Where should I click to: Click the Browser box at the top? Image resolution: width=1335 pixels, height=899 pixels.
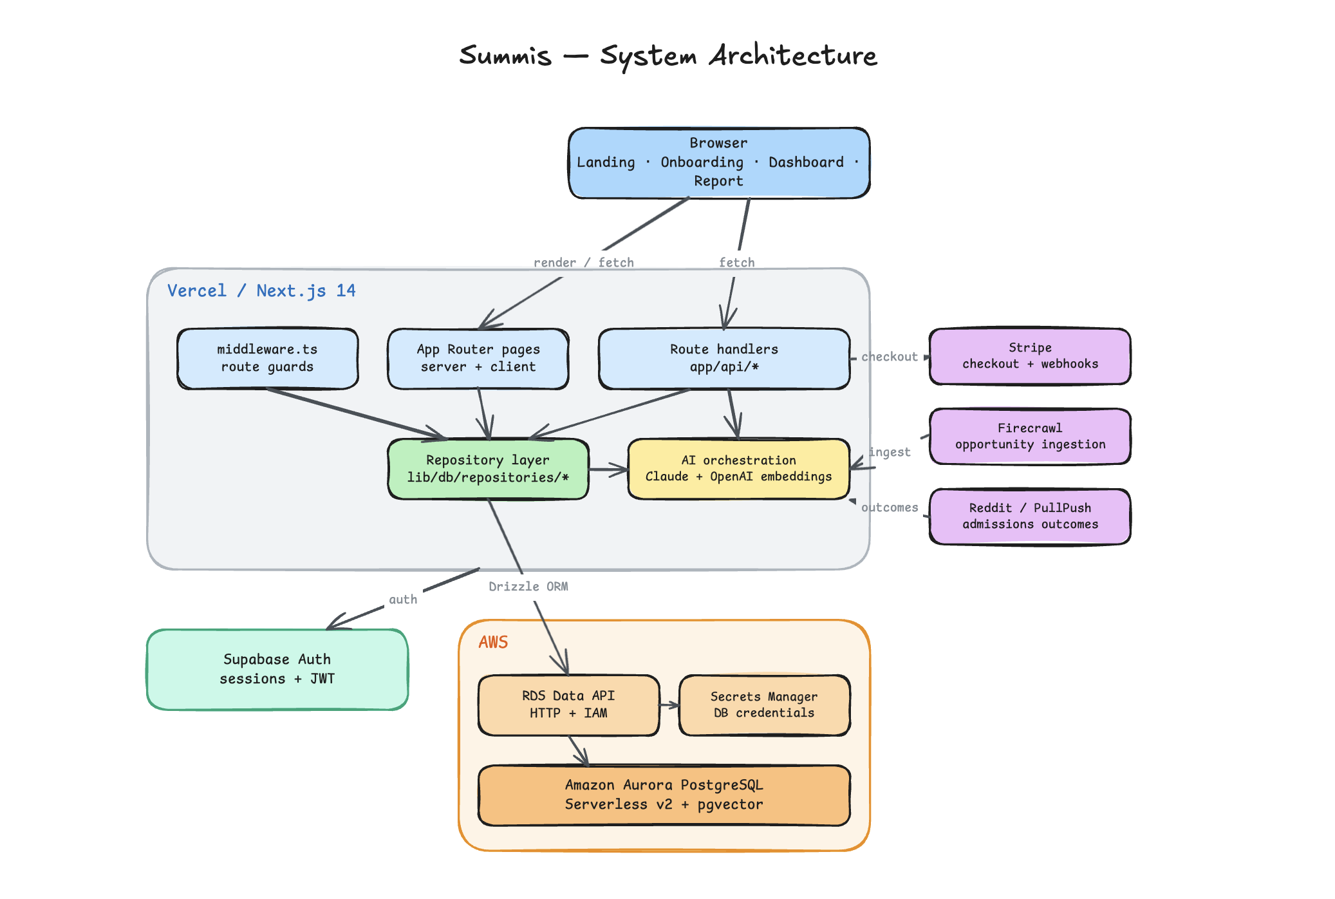point(719,163)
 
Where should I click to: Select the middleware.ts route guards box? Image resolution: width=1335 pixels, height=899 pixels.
point(268,359)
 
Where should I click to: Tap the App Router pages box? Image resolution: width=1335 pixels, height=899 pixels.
point(478,359)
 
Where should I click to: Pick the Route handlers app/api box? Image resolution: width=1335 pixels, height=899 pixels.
point(724,359)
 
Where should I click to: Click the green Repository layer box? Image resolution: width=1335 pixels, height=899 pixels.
point(488,469)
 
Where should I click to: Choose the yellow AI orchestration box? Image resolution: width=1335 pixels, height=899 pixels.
point(739,469)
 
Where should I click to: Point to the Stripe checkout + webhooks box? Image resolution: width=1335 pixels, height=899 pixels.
point(1030,356)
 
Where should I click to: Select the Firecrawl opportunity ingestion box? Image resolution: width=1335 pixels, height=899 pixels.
point(1030,436)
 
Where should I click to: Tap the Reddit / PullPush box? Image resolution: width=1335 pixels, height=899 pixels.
point(1030,516)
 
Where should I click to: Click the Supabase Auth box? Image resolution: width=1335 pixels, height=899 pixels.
point(277,670)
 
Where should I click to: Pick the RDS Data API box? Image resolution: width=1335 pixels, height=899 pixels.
point(569,705)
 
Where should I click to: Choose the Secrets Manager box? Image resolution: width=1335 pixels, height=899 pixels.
point(765,705)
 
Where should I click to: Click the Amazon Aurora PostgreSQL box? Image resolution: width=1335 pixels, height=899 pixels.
point(664,795)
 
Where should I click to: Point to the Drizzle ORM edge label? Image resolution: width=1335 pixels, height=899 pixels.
point(528,587)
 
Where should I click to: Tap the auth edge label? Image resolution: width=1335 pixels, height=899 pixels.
point(403,600)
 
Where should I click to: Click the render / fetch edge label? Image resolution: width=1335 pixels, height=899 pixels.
point(584,263)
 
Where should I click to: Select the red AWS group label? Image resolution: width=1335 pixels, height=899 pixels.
point(494,642)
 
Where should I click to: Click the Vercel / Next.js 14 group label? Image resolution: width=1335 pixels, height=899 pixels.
point(261,291)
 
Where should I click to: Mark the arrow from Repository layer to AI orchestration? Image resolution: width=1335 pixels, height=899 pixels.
point(608,469)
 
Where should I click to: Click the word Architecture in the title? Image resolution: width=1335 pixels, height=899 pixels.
point(793,55)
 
